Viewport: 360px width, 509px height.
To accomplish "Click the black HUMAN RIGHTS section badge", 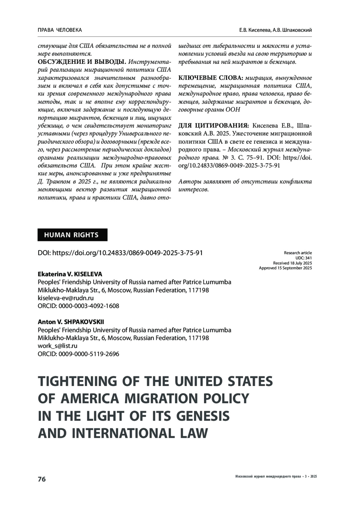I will (72, 235).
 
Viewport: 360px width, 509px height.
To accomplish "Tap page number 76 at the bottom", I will (42, 479).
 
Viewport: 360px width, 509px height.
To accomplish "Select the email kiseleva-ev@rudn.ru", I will (66, 298).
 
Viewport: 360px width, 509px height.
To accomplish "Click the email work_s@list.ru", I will (58, 346).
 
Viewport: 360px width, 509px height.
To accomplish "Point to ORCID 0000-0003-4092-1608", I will (78, 306).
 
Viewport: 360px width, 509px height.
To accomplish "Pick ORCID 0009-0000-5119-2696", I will (78, 354).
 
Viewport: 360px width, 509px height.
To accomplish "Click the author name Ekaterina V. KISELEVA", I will (70, 274).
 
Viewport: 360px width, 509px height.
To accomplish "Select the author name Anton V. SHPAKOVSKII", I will (71, 322).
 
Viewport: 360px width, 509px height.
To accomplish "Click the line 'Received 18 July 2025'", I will (292, 263).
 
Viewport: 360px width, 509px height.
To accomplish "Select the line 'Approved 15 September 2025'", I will (285, 268).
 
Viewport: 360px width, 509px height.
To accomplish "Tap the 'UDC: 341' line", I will (304, 258).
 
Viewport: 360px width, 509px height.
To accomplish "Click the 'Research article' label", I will (298, 253).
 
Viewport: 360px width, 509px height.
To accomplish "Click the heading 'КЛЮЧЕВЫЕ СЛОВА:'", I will (211, 78).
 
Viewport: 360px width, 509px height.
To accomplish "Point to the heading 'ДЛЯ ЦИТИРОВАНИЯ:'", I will (213, 125).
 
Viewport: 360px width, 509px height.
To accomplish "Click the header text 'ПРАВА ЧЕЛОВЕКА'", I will (60, 30).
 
